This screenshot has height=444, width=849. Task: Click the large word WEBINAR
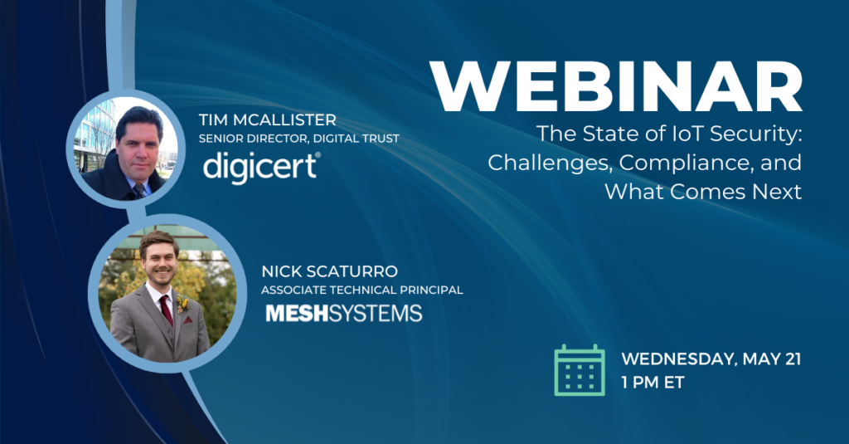click(617, 87)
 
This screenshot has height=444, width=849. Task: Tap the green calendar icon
click(580, 370)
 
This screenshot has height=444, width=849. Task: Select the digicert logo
click(262, 167)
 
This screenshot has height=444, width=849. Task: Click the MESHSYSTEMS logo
click(344, 314)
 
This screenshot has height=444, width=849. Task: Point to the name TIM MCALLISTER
click(268, 120)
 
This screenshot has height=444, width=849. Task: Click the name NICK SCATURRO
click(330, 271)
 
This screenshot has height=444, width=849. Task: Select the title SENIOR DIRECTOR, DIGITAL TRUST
click(298, 139)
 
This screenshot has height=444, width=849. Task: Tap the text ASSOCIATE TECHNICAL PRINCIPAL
click(362, 290)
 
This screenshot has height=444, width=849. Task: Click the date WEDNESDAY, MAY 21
click(711, 359)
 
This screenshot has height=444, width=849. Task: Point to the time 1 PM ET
click(653, 383)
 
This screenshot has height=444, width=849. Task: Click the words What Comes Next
click(703, 192)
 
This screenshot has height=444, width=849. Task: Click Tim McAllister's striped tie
click(140, 190)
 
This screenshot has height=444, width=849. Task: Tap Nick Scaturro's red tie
click(167, 310)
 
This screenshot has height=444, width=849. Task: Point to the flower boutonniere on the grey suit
click(183, 304)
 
